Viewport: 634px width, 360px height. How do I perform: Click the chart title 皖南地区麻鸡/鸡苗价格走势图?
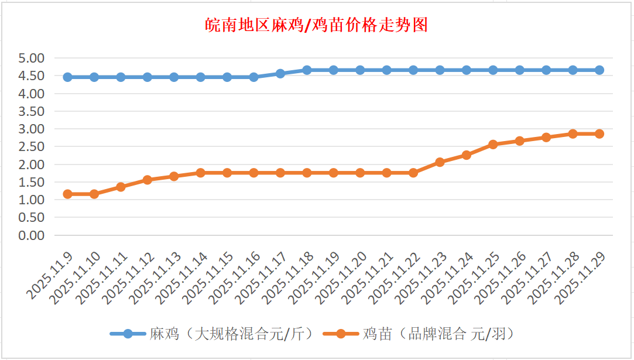coord(317,25)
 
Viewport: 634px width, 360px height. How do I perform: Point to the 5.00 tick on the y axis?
coord(32,59)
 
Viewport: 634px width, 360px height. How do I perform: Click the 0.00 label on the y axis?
coord(32,235)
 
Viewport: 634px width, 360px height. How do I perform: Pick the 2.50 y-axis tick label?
coord(32,147)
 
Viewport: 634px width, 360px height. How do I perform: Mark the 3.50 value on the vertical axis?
coord(32,111)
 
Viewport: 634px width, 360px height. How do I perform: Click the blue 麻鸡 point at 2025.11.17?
coord(280,74)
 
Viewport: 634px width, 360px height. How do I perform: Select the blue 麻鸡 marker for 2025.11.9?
coord(67,77)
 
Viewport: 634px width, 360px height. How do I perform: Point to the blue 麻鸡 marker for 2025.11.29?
coord(599,70)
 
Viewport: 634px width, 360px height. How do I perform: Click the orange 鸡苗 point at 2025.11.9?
coord(67,194)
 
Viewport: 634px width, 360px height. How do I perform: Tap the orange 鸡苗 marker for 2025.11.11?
coord(121,187)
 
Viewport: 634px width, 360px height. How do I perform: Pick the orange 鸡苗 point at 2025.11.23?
coord(440,162)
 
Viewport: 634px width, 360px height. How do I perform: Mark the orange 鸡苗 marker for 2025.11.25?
coord(493,145)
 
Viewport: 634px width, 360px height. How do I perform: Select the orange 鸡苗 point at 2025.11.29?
coord(599,134)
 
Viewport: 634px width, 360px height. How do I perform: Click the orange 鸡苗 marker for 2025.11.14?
coord(200,173)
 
